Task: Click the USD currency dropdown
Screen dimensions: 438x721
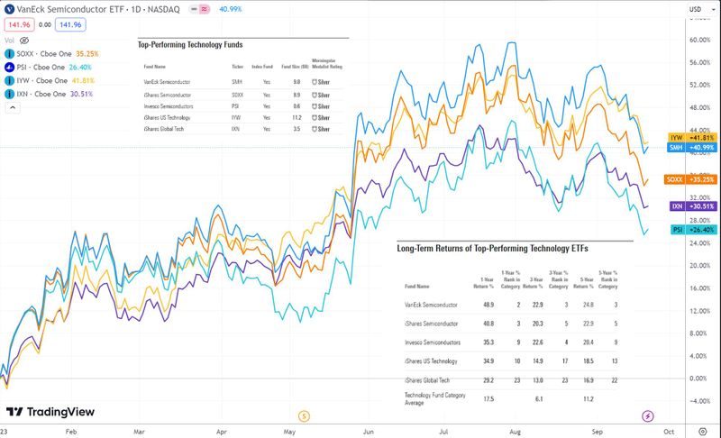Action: (697, 10)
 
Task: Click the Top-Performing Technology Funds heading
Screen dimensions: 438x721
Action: (189, 44)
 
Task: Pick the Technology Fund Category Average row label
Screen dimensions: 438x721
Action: (433, 399)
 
